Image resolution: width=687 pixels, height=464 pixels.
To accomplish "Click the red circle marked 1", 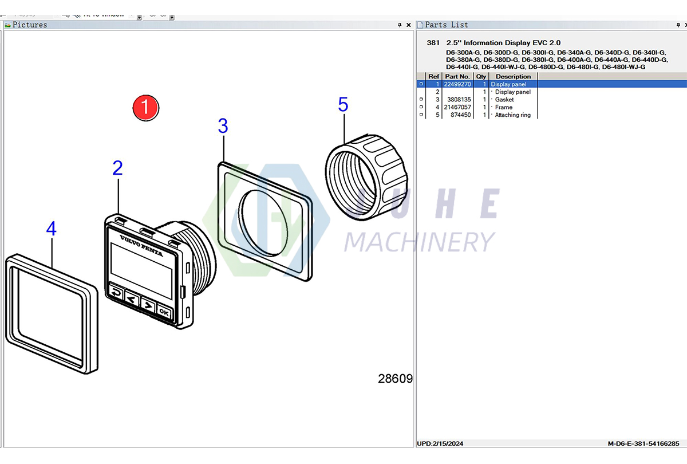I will (145, 107).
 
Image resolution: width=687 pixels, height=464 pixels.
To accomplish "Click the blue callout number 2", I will (117, 168).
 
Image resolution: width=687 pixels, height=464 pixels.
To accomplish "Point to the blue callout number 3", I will (223, 126).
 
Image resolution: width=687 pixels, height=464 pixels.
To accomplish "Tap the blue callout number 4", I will (52, 230).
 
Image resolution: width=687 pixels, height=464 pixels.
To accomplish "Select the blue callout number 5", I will (343, 105).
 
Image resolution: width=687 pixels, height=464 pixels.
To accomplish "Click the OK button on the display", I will (164, 312).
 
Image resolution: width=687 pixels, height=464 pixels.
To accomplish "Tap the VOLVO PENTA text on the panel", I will (141, 245).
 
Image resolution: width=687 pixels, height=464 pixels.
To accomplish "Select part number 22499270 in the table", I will (457, 84).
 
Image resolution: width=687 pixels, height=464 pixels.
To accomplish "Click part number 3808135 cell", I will (457, 100).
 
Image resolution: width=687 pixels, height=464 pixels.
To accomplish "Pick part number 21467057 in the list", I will (457, 107).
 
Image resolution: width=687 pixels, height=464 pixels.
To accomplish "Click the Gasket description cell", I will (504, 100).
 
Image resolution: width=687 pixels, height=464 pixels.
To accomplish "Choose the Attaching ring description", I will (512, 115).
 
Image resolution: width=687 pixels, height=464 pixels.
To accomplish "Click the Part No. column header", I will (457, 76).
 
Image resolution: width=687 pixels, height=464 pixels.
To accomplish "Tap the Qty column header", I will (481, 76).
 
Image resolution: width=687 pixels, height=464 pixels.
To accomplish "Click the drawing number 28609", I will (395, 379).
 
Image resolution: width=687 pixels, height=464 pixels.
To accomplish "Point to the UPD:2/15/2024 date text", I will (440, 443).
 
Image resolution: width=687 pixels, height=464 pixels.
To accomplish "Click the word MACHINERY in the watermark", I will (419, 242).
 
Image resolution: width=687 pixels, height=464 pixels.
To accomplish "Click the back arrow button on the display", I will (116, 293).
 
